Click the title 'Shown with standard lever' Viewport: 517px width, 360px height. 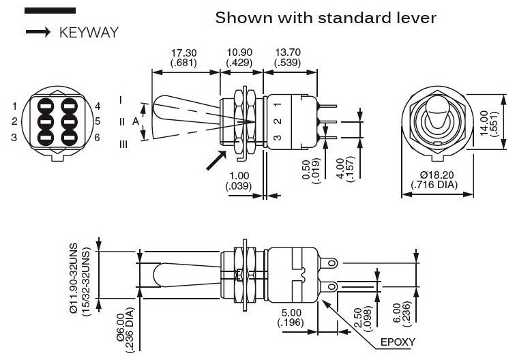pyautogui.click(x=325, y=18)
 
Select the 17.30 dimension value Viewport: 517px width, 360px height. pyautogui.click(x=184, y=52)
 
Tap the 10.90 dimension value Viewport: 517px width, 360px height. pyautogui.click(x=239, y=52)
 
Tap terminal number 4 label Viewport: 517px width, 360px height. pyautogui.click(x=98, y=106)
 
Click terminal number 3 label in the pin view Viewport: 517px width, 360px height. pyautogui.click(x=14, y=137)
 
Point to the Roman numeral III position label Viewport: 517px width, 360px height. pyautogui.click(x=123, y=145)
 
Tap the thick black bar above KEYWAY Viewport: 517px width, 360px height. pyautogui.click(x=50, y=11)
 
